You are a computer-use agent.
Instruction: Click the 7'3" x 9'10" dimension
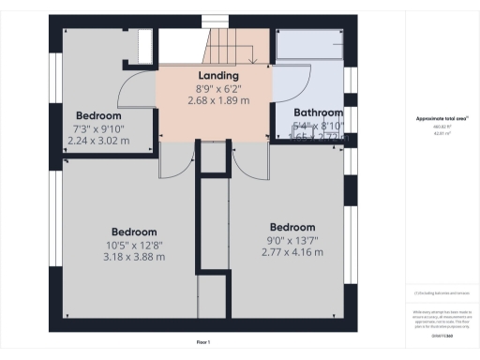click(98, 128)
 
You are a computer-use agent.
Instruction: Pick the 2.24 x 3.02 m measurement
click(98, 142)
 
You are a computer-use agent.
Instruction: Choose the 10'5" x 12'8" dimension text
click(135, 246)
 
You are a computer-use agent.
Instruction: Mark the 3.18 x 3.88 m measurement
click(135, 259)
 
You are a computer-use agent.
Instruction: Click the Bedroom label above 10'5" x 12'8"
click(135, 232)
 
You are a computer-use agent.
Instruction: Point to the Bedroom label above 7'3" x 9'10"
click(98, 116)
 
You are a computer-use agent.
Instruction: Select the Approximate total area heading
click(441, 118)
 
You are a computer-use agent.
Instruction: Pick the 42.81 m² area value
click(441, 133)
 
